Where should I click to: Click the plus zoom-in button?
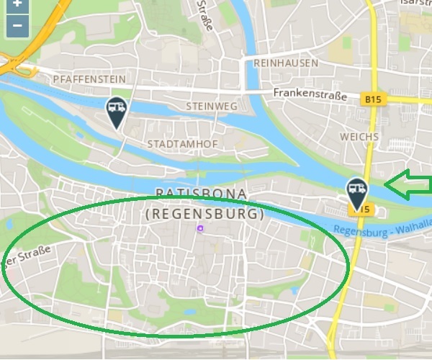17,4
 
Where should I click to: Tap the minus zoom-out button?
17,27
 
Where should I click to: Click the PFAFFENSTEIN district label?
89,78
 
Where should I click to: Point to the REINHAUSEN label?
286,63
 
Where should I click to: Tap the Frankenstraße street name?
310,95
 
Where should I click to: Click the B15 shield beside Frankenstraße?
373,99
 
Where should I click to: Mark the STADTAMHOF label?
182,144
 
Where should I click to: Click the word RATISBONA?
202,194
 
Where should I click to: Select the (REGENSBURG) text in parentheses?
204,215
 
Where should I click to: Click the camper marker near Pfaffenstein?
116,112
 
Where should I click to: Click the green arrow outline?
407,184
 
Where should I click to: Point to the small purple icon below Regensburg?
201,228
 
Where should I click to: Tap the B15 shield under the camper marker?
363,210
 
